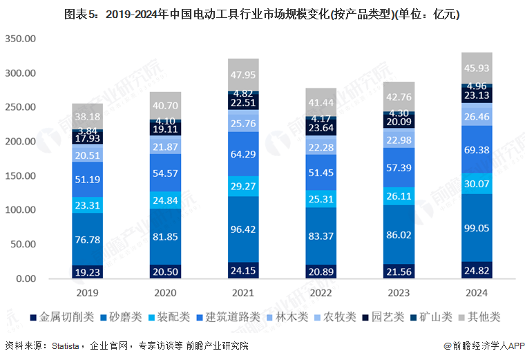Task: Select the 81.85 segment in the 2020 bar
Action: coord(165,237)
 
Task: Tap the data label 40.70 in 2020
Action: coord(165,106)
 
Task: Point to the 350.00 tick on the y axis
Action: coord(21,39)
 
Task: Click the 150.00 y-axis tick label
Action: coord(21,176)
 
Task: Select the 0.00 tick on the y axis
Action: coord(26,279)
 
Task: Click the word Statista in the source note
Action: coord(66,345)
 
